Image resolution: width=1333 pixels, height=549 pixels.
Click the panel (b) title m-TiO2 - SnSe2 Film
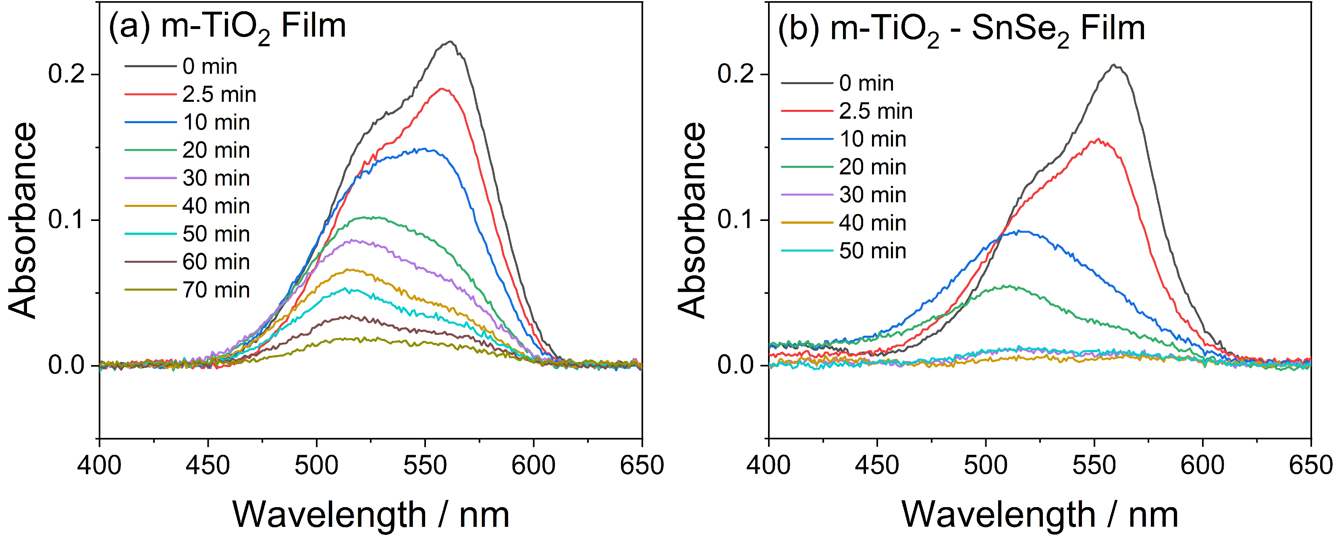click(x=961, y=29)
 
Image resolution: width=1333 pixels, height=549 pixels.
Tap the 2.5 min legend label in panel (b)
click(x=876, y=111)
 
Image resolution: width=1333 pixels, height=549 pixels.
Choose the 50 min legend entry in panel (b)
click(x=872, y=251)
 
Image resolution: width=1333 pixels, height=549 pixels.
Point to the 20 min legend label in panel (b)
click(x=872, y=167)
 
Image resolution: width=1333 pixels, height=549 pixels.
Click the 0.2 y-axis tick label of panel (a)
click(x=66, y=74)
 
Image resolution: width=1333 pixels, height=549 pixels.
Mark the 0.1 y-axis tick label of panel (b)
click(x=735, y=220)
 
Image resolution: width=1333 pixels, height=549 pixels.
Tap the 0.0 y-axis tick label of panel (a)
click(x=66, y=365)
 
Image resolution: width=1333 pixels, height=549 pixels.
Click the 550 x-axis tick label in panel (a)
click(x=425, y=465)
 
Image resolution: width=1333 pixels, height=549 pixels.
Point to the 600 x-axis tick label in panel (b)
click(x=1202, y=465)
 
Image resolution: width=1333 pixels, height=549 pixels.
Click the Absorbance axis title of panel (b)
click(x=692, y=220)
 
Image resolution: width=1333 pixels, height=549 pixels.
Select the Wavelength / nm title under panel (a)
click(x=370, y=515)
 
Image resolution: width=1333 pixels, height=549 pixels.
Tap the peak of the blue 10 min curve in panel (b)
click(x=1017, y=231)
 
